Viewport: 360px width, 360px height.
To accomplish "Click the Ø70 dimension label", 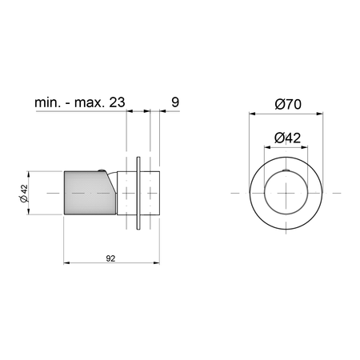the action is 288,104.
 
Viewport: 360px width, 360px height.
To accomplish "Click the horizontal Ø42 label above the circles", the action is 287,138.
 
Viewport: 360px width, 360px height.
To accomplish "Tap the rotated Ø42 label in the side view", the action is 23,193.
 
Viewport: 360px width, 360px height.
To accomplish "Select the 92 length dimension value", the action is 110,258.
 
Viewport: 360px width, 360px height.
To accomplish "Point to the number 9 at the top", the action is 175,102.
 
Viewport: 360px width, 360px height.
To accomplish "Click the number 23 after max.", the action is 117,102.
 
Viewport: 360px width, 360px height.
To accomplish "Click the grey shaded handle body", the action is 88,193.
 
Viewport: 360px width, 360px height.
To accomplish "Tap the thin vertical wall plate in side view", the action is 138,193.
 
